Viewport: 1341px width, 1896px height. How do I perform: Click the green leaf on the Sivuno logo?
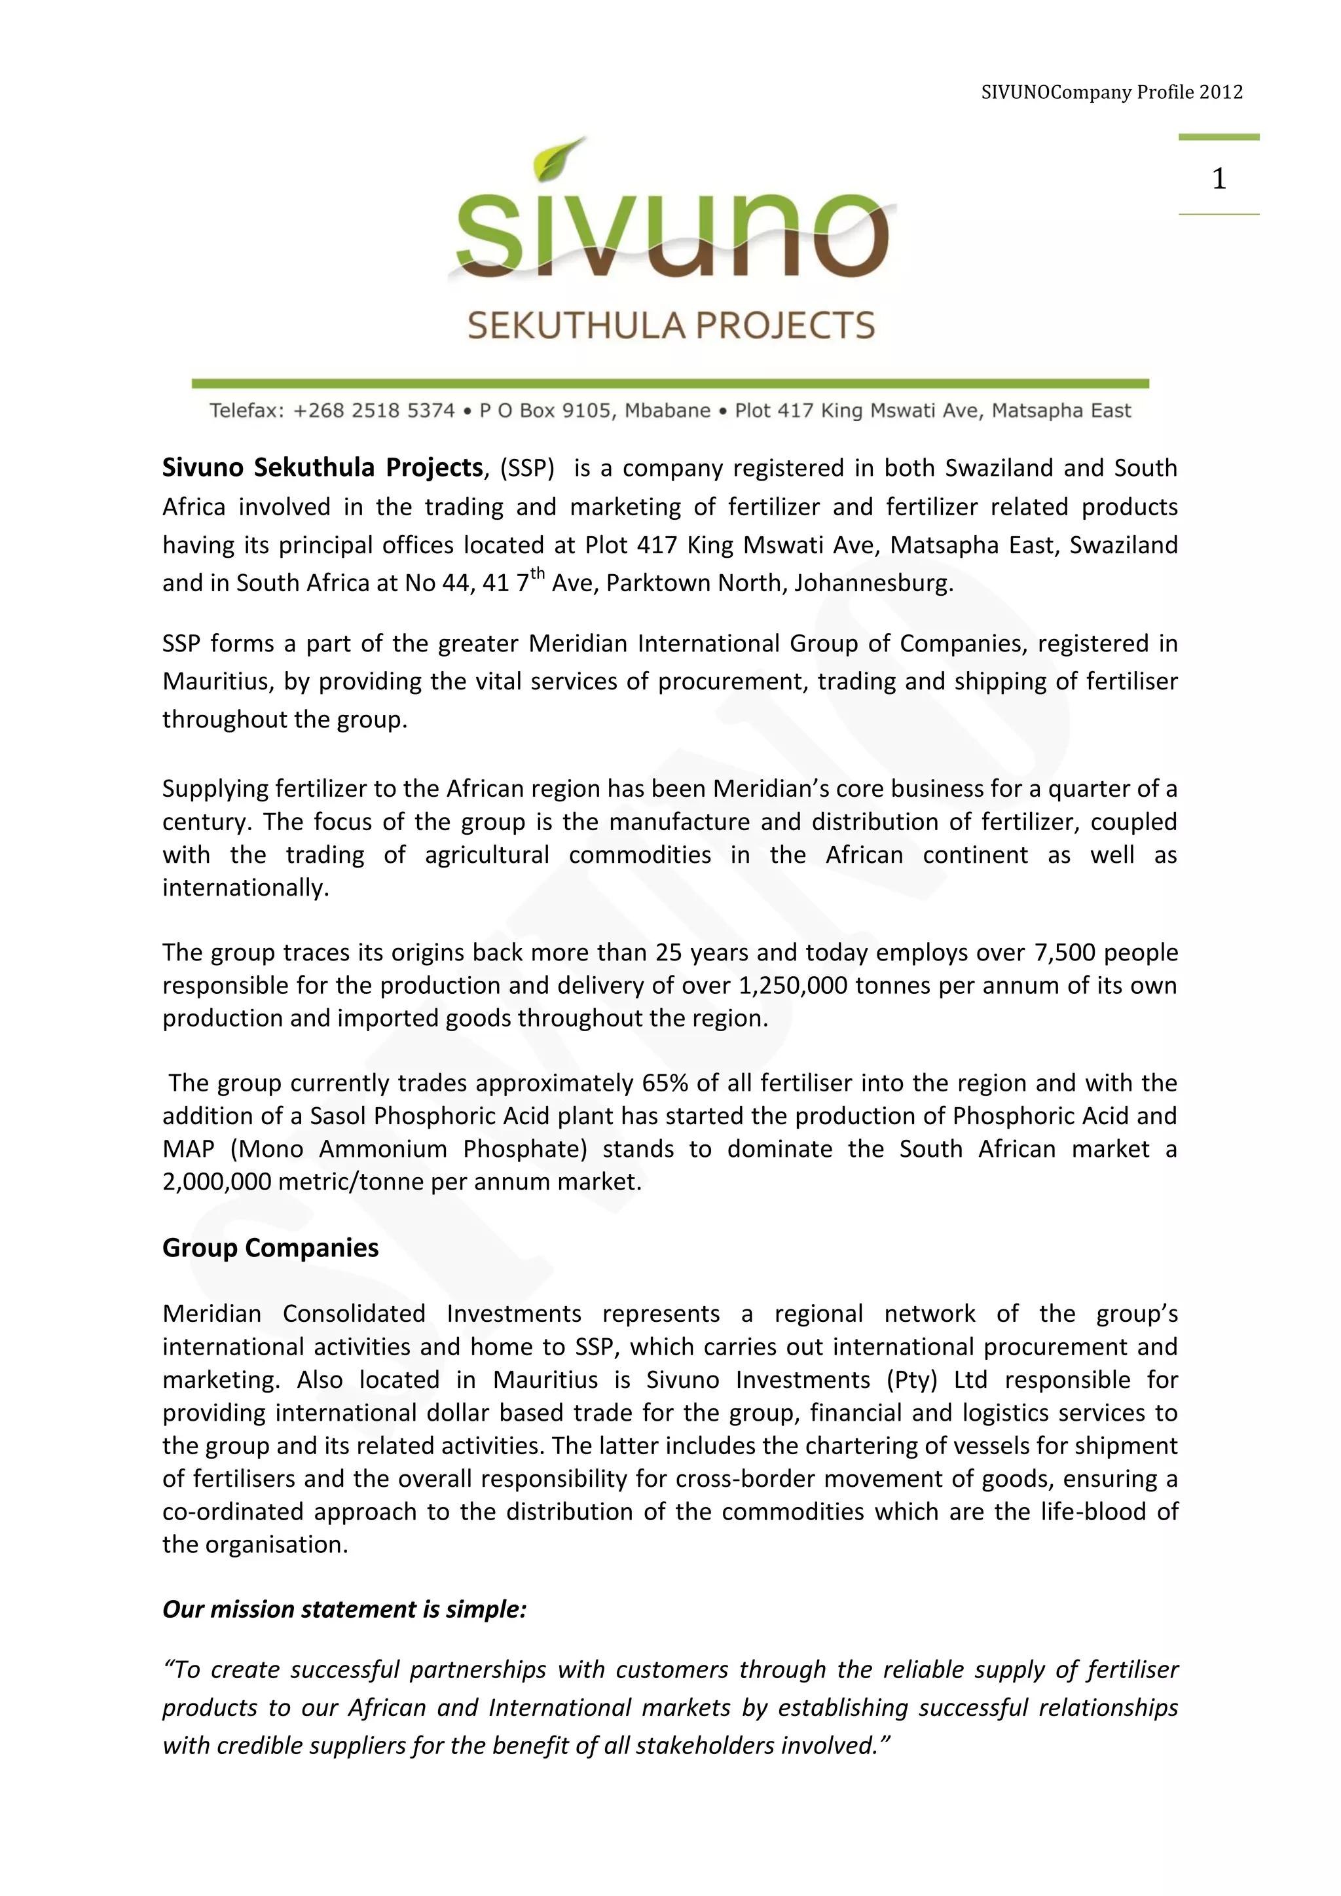559,158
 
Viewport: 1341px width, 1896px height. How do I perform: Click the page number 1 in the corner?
1218,178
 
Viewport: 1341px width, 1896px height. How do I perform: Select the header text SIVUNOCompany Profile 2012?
1111,92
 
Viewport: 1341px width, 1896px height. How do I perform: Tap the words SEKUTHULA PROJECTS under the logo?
670,325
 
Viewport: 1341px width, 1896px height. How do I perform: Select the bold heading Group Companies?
270,1248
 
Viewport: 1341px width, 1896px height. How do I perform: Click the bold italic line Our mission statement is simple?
344,1609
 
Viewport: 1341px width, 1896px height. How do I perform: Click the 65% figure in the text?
665,1083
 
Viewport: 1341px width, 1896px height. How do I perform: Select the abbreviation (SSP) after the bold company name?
528,468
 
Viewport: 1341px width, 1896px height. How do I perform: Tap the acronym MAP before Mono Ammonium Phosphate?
189,1149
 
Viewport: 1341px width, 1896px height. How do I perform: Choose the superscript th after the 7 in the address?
538,573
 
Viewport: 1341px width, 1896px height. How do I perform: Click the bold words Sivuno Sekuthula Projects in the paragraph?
322,467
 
